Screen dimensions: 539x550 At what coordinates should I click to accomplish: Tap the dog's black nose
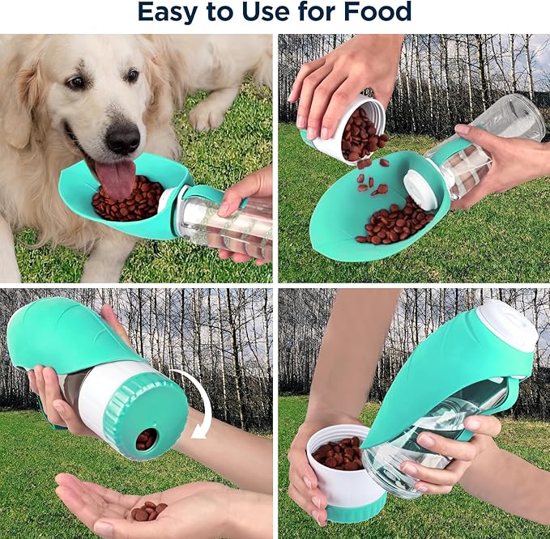122,138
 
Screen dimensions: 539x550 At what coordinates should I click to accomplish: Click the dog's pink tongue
117,178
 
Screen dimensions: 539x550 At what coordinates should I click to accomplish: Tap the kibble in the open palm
148,511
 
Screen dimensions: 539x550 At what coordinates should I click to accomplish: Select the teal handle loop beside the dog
209,196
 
